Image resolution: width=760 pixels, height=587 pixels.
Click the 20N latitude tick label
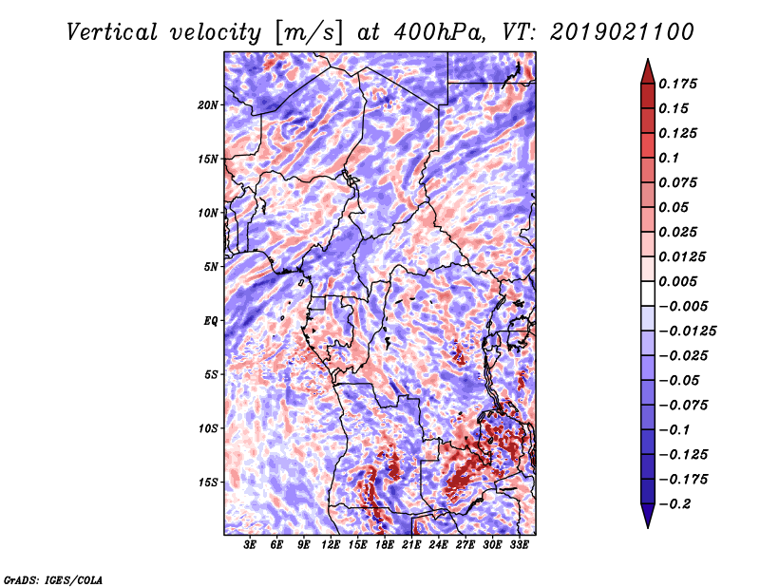pos(208,105)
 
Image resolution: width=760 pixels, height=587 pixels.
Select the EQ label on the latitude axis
pos(210,321)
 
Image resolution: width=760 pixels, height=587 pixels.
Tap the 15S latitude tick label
pos(208,483)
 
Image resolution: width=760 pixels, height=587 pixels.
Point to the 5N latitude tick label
pos(211,267)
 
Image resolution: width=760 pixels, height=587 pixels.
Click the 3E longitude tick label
pos(250,545)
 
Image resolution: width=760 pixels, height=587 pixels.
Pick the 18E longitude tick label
pos(385,545)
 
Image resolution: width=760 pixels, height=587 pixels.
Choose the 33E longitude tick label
pos(519,545)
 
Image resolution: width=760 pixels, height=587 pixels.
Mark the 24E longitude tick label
pos(438,545)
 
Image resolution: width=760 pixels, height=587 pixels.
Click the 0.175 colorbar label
pos(677,84)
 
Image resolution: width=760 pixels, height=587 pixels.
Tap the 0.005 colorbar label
pos(677,281)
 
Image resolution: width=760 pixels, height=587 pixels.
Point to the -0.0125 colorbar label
pos(687,331)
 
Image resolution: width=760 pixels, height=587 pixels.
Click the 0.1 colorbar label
pos(669,158)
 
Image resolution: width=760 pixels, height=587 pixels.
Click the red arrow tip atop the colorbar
pos(648,59)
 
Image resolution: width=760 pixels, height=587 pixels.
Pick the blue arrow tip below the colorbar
pos(648,527)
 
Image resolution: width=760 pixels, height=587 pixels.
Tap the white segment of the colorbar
pos(648,293)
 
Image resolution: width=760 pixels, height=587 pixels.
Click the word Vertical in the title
pos(112,32)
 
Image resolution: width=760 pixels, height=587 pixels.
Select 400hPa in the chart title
pos(438,32)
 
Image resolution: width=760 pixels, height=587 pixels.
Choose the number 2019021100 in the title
pos(622,32)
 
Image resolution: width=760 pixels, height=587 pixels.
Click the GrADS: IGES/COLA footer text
pos(53,579)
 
